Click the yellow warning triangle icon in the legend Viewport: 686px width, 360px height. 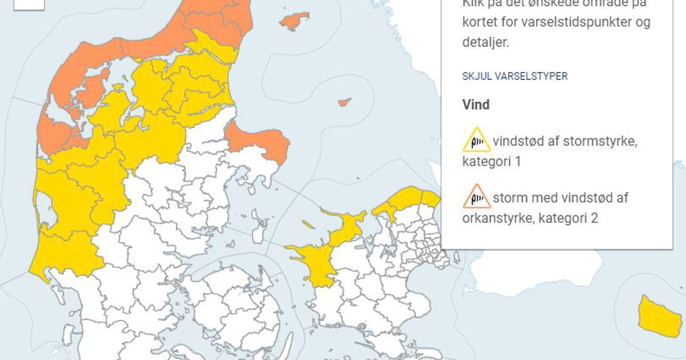pyautogui.click(x=476, y=140)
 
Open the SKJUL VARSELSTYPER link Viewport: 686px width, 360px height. pyautogui.click(x=514, y=76)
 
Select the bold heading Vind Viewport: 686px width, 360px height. pyautogui.click(x=476, y=105)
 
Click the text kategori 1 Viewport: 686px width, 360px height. pyautogui.click(x=492, y=162)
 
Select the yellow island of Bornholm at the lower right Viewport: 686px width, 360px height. pyautogui.click(x=659, y=317)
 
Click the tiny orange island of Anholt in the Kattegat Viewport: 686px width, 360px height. pyautogui.click(x=344, y=102)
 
